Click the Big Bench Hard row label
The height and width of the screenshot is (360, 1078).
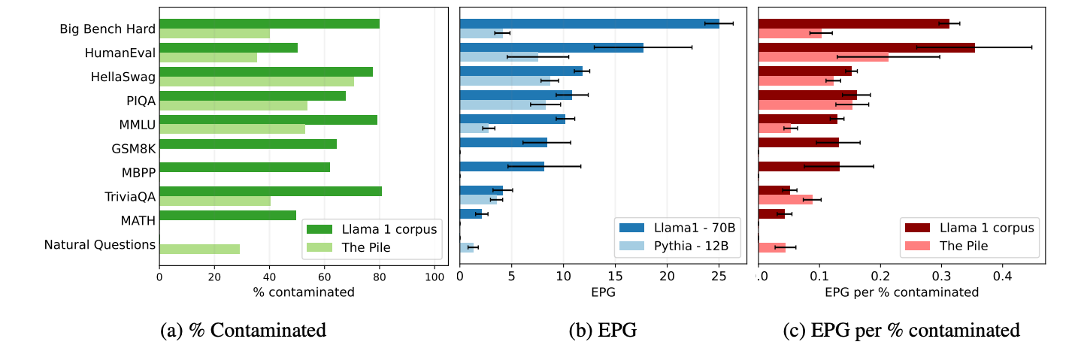pyautogui.click(x=107, y=29)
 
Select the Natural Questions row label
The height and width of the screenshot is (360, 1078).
pyautogui.click(x=99, y=244)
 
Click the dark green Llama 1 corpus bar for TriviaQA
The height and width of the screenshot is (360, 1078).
pyautogui.click(x=271, y=191)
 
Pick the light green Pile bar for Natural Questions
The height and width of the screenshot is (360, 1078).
pyautogui.click(x=200, y=249)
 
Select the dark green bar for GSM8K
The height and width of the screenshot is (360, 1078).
pyautogui.click(x=248, y=144)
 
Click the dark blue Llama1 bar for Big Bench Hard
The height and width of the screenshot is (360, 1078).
pyautogui.click(x=589, y=23)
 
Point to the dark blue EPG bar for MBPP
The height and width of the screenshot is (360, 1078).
pyautogui.click(x=502, y=167)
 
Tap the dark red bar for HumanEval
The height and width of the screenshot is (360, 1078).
pyautogui.click(x=867, y=47)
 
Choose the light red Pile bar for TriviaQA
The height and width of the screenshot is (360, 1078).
pyautogui.click(x=786, y=200)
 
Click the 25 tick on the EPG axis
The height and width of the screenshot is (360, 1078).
pyautogui.click(x=719, y=277)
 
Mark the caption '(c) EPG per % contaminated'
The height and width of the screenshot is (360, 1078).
pyautogui.click(x=902, y=329)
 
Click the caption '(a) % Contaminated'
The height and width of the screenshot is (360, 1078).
pyautogui.click(x=244, y=329)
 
